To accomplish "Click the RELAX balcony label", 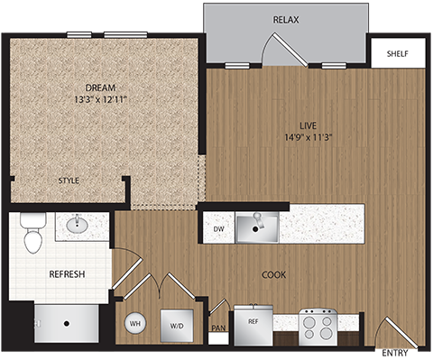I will click(286, 19).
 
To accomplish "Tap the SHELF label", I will click(397, 53).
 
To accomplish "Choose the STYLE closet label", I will click(69, 180).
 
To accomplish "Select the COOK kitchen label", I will click(273, 274).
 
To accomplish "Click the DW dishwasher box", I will click(217, 229).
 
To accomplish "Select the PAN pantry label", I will click(217, 328).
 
